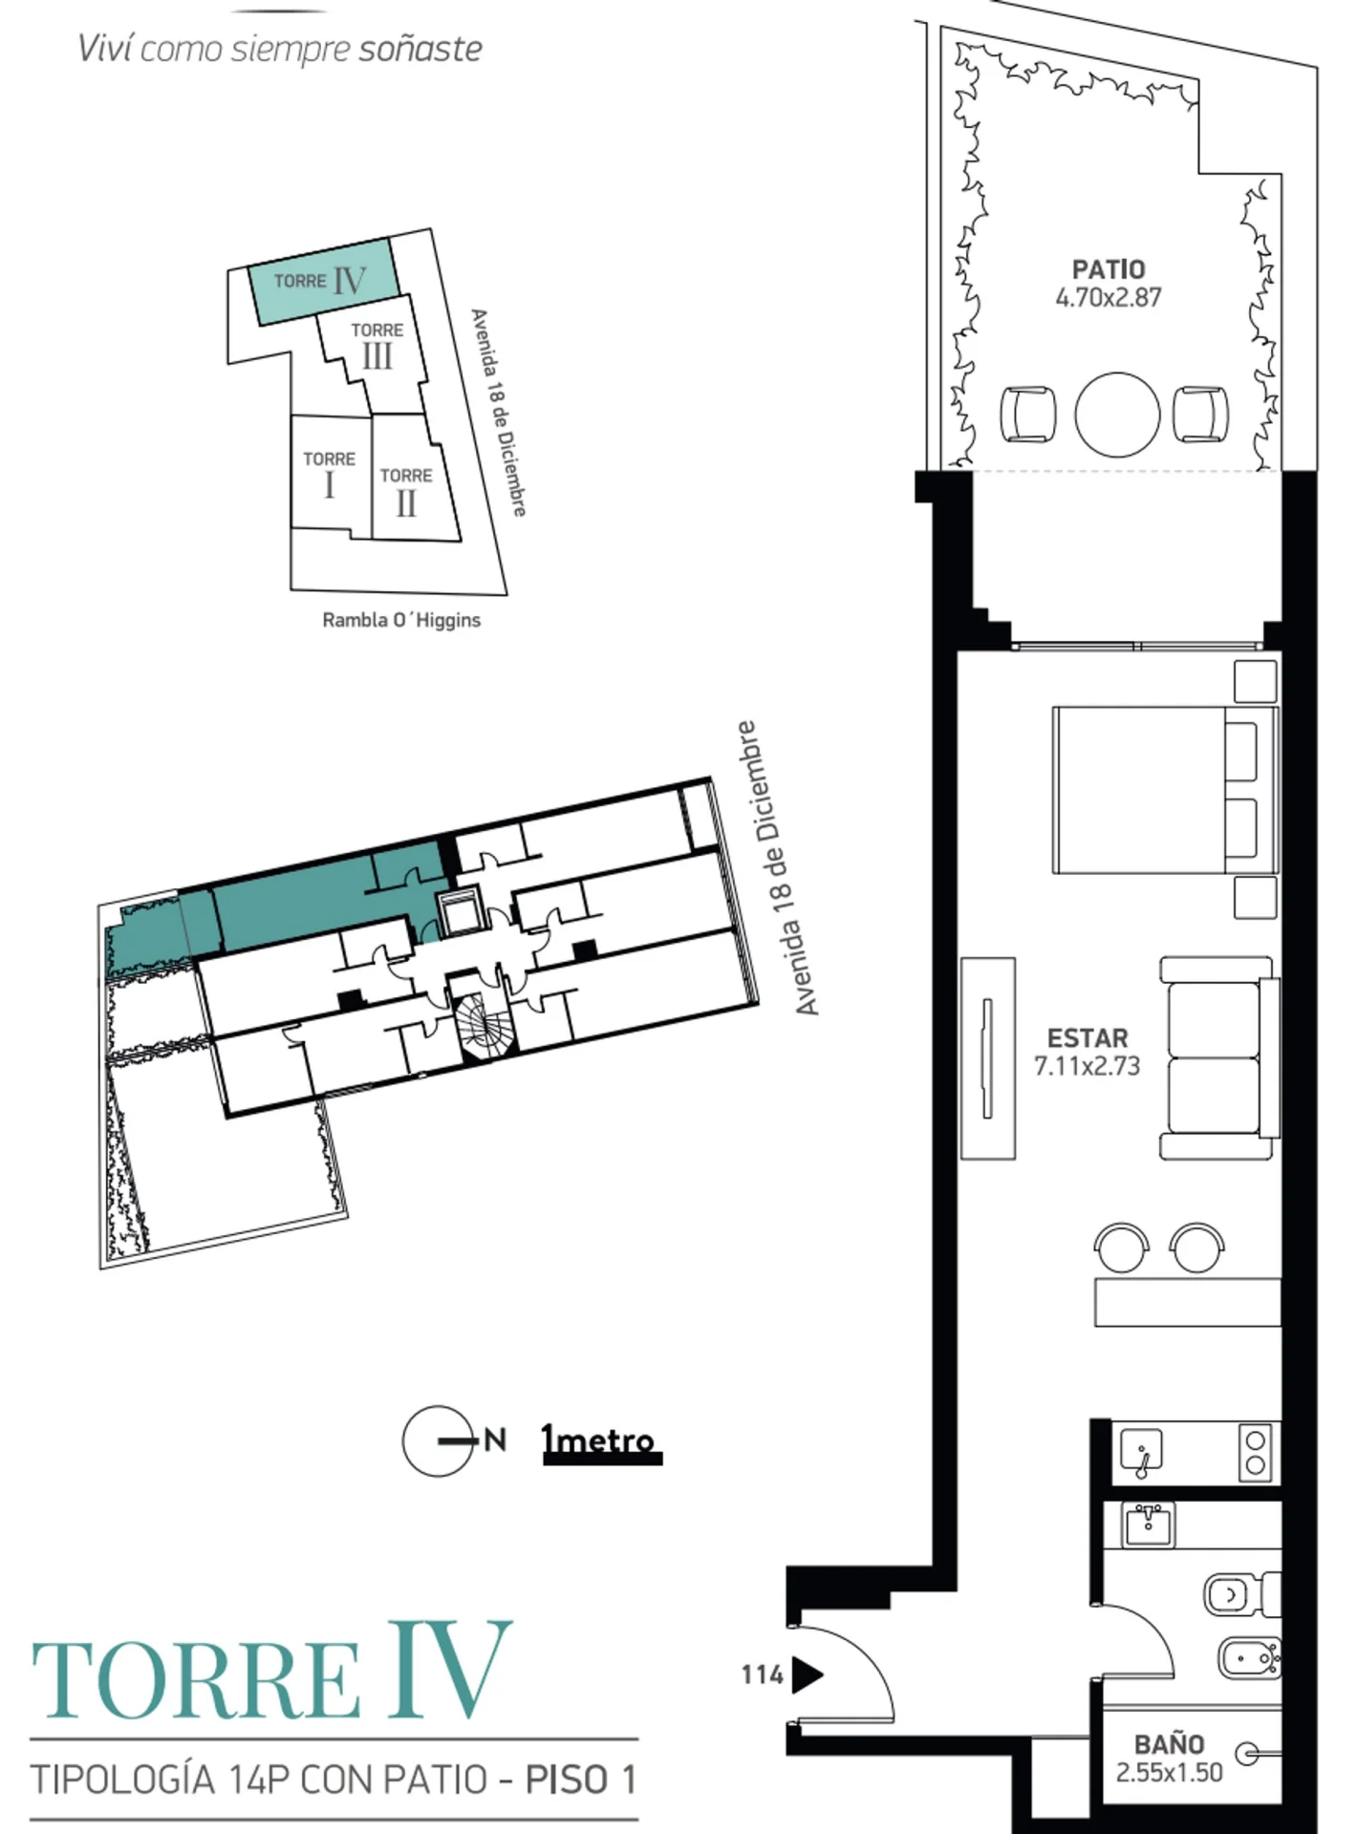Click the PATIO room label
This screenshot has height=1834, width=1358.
1108,269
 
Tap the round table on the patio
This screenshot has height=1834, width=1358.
1117,415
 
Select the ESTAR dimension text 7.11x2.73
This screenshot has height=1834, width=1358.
1088,1066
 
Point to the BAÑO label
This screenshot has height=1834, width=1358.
1169,1744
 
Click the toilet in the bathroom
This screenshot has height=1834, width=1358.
1241,1594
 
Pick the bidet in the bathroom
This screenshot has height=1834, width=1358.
1249,1658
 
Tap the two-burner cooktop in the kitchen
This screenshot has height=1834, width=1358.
1256,1453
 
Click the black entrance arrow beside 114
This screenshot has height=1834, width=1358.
808,1674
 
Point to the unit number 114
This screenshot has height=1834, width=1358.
762,1674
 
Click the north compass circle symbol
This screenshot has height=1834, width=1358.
438,1440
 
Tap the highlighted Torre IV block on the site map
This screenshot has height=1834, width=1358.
323,281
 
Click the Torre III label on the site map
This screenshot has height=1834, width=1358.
377,345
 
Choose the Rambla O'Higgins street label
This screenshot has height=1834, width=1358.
401,620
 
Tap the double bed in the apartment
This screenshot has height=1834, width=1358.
1164,789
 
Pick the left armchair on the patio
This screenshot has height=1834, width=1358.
1028,415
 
